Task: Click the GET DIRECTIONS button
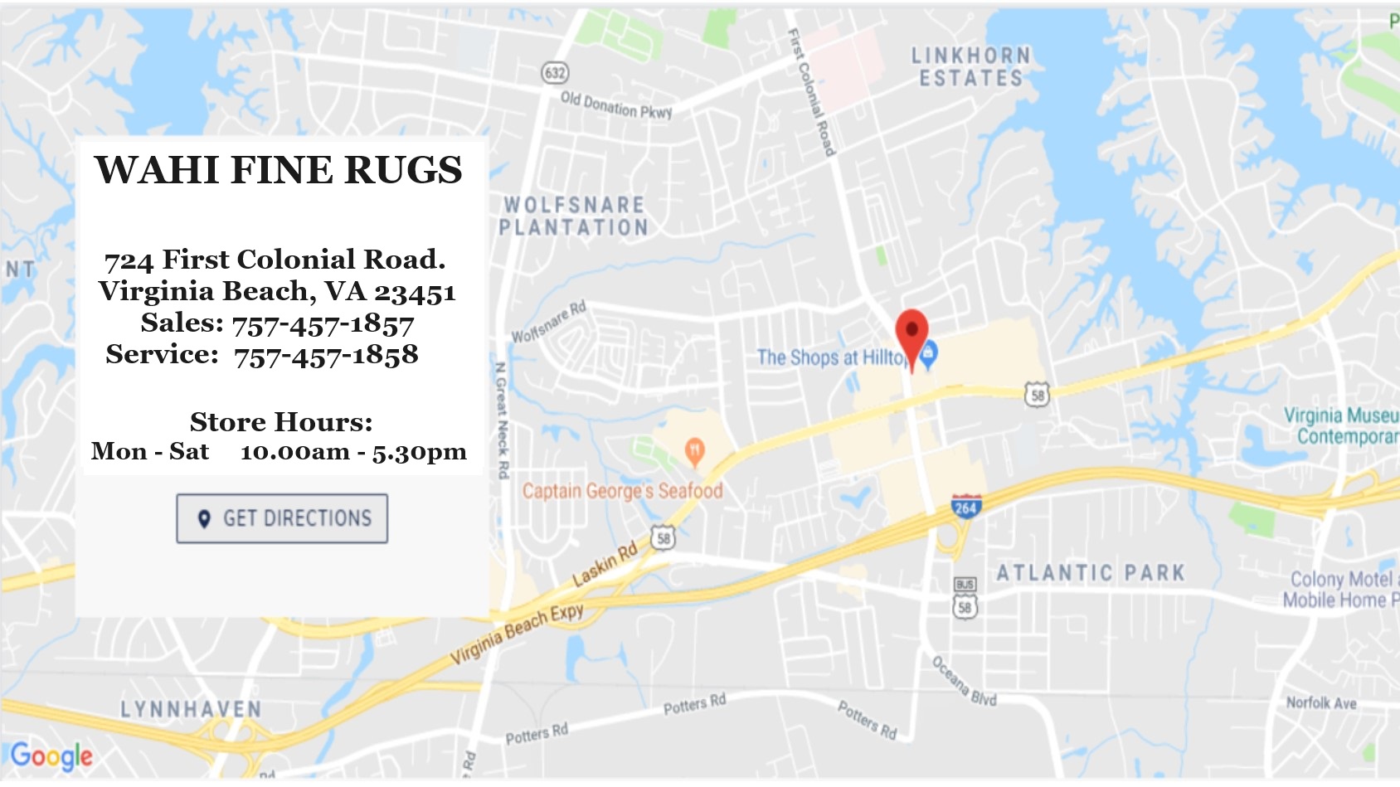(282, 518)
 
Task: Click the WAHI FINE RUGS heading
(278, 170)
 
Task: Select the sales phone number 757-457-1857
(323, 324)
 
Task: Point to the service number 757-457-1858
(326, 356)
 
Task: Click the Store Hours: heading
(281, 422)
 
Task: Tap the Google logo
(51, 755)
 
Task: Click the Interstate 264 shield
(965, 506)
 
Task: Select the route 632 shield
(555, 73)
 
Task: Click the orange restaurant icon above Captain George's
(695, 451)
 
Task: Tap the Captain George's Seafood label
(622, 491)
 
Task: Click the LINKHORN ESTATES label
(971, 67)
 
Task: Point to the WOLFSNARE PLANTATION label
(574, 216)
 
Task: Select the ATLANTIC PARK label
(1091, 573)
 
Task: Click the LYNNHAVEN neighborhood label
(191, 710)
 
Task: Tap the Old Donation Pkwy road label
(616, 105)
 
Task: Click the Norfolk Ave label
(1321, 703)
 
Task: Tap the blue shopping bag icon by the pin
(930, 353)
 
